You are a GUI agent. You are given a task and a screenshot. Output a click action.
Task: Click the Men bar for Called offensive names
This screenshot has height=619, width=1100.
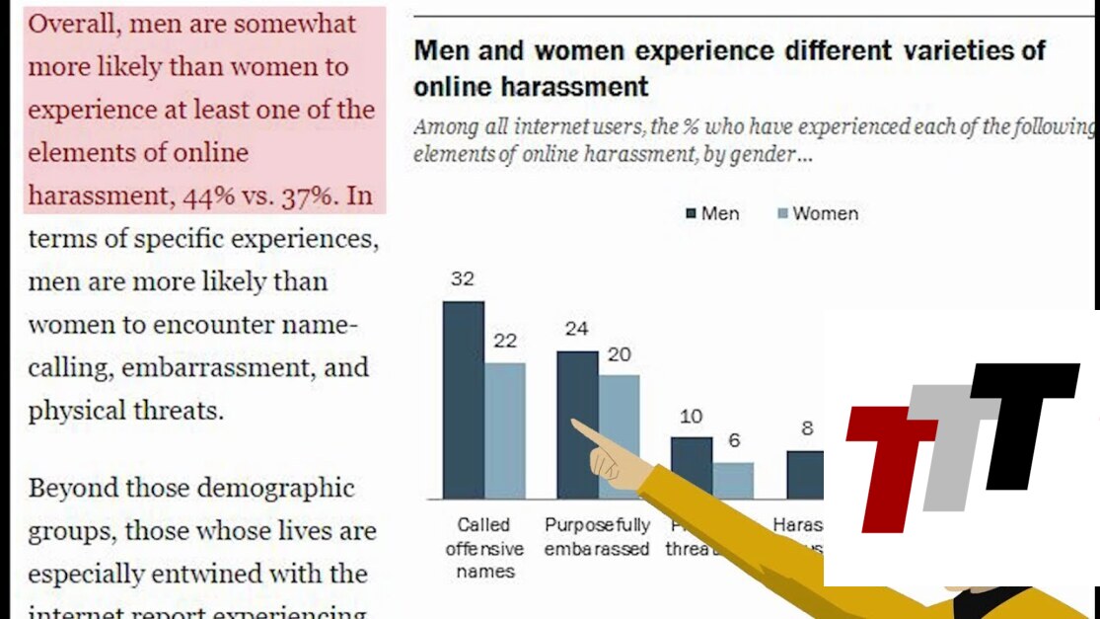(463, 399)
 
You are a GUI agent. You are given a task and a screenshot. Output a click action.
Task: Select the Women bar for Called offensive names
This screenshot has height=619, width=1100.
(504, 430)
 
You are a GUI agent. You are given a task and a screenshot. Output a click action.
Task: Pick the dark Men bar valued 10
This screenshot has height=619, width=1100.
(691, 467)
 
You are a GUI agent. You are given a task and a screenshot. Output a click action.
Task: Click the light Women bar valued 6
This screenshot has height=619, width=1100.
(733, 480)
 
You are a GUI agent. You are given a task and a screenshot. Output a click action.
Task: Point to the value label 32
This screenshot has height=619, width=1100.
(463, 279)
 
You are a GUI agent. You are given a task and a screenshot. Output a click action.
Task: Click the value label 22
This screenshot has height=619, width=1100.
(505, 342)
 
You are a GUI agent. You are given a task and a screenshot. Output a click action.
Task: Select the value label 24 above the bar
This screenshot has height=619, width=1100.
(577, 329)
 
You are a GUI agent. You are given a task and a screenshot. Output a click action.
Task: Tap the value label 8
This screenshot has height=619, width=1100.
(806, 428)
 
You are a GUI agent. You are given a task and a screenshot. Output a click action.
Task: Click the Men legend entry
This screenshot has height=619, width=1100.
(712, 213)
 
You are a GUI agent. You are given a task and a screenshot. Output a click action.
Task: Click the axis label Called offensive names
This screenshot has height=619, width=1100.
(484, 548)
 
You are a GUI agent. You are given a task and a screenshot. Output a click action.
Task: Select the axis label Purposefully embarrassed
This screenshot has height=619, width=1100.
(597, 537)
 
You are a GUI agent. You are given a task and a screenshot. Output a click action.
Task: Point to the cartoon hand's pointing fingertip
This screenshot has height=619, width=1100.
(575, 425)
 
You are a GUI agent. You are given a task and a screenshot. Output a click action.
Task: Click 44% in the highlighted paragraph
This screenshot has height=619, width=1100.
(208, 196)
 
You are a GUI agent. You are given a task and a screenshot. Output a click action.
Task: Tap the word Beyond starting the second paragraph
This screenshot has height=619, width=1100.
(74, 488)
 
